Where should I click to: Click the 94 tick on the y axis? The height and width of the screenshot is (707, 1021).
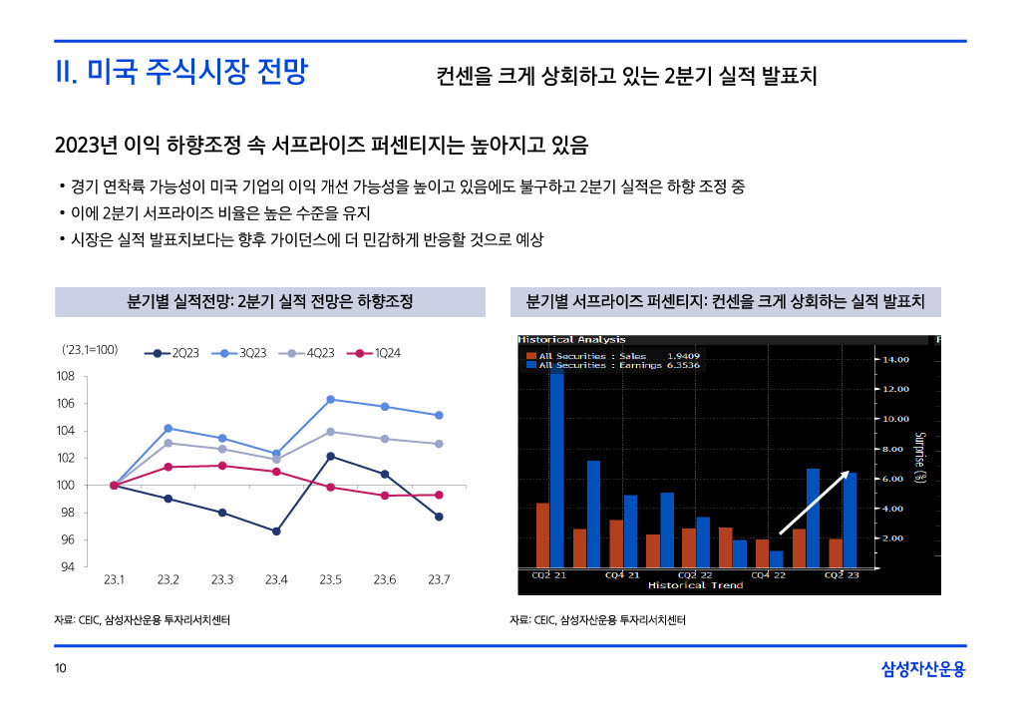click(x=66, y=567)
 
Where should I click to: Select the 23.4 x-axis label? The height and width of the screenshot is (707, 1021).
click(x=276, y=580)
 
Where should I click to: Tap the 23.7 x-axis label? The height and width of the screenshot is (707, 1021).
click(x=439, y=580)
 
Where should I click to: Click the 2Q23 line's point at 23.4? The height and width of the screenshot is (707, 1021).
click(x=276, y=531)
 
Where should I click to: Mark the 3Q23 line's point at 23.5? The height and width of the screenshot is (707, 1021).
click(x=330, y=399)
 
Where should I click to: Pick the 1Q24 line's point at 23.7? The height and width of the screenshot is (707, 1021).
click(x=439, y=495)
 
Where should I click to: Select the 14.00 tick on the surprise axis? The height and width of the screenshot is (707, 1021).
click(x=892, y=359)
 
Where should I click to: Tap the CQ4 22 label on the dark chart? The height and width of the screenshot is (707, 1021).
click(x=768, y=575)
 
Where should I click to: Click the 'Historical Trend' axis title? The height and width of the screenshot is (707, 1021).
click(x=695, y=585)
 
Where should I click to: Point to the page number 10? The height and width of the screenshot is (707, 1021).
click(x=61, y=668)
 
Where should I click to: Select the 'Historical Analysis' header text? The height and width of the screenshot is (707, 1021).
click(x=572, y=340)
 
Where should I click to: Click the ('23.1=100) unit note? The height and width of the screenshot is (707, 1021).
click(x=90, y=350)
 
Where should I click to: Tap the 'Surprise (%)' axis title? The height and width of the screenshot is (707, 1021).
click(x=920, y=459)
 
